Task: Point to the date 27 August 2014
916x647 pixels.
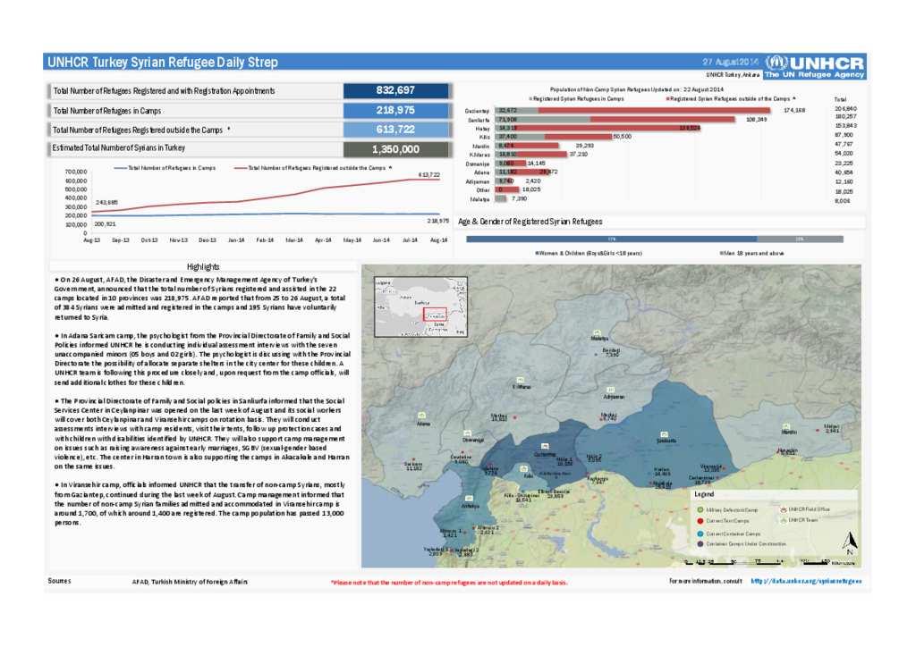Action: (x=730, y=62)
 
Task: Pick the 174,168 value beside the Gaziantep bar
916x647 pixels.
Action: (x=794, y=110)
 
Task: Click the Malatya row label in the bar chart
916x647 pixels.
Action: (x=480, y=199)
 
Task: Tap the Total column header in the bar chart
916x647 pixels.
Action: (x=840, y=99)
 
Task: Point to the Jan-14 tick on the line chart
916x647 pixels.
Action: (x=236, y=240)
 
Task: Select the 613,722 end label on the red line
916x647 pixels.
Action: (x=429, y=174)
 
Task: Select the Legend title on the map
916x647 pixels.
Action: (x=705, y=494)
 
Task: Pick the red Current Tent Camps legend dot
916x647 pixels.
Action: (x=698, y=520)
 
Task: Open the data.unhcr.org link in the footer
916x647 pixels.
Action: (x=806, y=581)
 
